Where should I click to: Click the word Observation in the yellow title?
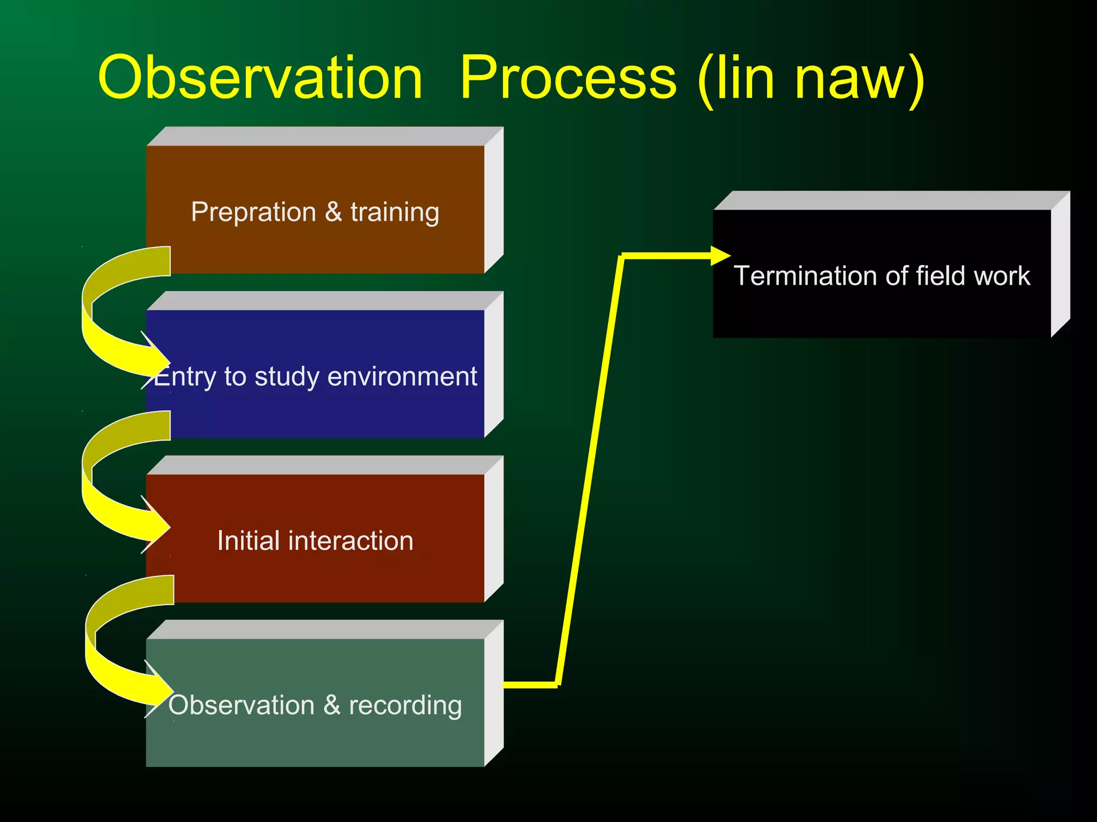260,78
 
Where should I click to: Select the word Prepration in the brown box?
253,212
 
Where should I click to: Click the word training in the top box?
395,212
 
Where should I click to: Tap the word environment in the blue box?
402,376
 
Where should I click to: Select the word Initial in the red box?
249,541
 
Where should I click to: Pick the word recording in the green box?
405,705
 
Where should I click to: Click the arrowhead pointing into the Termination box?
720,256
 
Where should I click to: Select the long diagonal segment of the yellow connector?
589,471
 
